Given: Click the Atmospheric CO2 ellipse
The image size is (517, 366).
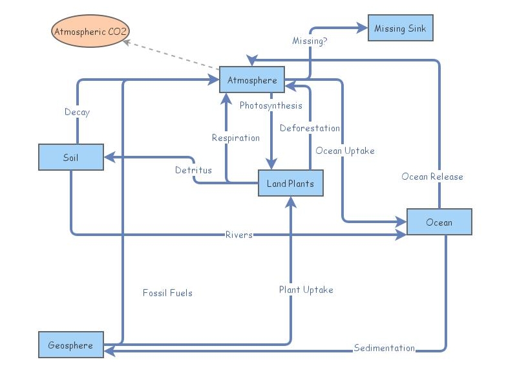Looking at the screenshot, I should tap(90, 31).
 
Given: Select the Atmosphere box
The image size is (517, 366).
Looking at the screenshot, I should tap(252, 80).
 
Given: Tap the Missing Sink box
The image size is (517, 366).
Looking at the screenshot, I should tap(400, 28).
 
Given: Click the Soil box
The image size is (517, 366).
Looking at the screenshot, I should tap(70, 158).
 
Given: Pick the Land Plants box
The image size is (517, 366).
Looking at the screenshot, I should tap(290, 184).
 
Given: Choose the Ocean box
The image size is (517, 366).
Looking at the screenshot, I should tap(439, 222).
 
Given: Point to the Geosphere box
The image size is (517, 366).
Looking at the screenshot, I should tap(70, 345).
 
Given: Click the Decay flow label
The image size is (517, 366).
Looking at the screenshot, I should tap(77, 113).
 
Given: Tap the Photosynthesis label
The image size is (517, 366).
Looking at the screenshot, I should tap(271, 105).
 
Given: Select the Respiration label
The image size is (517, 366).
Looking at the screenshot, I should tap(236, 138).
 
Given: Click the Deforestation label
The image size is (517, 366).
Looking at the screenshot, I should tap(310, 128).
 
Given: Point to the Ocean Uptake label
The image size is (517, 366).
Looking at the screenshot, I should tap(344, 151).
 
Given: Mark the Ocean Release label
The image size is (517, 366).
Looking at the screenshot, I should tap(432, 177).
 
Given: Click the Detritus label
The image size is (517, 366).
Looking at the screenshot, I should tap(193, 170).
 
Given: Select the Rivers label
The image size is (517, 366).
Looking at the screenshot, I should tap(238, 235).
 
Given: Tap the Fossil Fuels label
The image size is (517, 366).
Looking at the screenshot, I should tap(167, 293).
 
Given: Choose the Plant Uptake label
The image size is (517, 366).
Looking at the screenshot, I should tap(306, 290).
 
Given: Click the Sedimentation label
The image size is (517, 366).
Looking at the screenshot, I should tap(384, 348).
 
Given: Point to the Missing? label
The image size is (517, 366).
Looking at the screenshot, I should tap(310, 41).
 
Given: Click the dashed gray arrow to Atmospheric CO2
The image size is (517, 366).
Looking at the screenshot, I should tap(171, 54).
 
